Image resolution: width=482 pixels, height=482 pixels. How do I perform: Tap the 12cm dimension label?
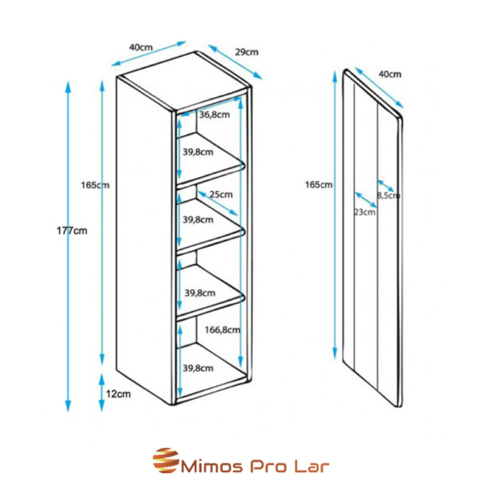(x=119, y=394)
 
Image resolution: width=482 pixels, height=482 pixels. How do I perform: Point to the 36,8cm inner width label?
(x=214, y=115)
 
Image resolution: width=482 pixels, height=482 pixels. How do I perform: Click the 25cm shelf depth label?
(x=221, y=195)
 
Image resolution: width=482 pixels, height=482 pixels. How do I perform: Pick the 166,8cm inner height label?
(x=222, y=330)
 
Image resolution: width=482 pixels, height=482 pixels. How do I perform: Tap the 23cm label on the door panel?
(x=365, y=212)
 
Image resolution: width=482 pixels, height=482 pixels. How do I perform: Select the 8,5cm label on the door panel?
(x=388, y=195)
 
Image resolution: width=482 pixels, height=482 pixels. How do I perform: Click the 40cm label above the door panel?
(x=390, y=74)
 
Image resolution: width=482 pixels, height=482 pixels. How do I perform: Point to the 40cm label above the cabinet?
(x=141, y=48)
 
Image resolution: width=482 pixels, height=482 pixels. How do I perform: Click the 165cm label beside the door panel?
(x=319, y=185)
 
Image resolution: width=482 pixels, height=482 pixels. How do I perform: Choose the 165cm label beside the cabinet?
(x=95, y=185)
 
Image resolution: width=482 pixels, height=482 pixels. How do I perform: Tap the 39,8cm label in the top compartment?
(x=198, y=152)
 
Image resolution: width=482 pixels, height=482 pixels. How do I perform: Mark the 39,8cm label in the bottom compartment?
(x=198, y=368)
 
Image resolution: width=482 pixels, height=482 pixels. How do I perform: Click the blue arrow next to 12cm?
(x=102, y=392)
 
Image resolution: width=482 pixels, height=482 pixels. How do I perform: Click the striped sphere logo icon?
(x=165, y=461)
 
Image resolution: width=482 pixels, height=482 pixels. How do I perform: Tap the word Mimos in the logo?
(x=210, y=467)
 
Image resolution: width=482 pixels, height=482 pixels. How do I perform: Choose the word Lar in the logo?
(x=315, y=467)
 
